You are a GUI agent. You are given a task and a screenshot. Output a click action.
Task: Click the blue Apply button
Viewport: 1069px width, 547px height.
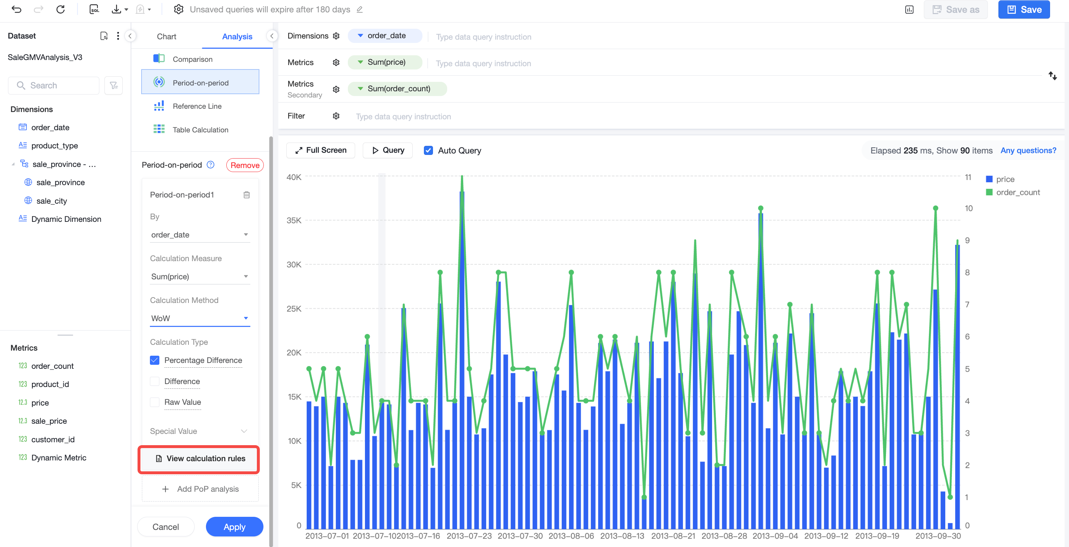(234, 527)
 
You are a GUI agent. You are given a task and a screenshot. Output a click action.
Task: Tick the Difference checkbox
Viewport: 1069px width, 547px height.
(154, 382)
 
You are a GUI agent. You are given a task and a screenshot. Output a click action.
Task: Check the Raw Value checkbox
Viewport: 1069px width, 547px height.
(154, 402)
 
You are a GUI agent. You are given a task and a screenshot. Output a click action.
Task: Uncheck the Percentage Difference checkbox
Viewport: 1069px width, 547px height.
(154, 360)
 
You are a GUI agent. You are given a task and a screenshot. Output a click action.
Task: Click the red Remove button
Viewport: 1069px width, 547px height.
(245, 165)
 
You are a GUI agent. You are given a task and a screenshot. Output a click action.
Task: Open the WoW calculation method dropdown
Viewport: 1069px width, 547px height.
(200, 318)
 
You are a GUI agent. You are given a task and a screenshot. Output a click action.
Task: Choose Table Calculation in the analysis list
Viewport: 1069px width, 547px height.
(200, 130)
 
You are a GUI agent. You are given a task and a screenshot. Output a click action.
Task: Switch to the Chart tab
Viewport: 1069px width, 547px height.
(166, 36)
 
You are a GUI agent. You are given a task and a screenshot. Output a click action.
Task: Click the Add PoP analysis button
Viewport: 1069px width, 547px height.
(200, 489)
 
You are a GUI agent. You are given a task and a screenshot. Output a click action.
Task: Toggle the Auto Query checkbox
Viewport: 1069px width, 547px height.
(428, 151)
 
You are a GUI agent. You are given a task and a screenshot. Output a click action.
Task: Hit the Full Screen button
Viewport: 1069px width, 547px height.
(321, 150)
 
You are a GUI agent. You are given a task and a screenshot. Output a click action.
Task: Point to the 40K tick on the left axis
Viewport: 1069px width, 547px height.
(294, 177)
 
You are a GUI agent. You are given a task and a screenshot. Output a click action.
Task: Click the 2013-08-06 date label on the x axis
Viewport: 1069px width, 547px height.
(571, 536)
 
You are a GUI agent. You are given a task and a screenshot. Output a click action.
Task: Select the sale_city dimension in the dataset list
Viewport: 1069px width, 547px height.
(51, 201)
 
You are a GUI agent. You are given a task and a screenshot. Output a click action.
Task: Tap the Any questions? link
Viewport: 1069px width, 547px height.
(1028, 151)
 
